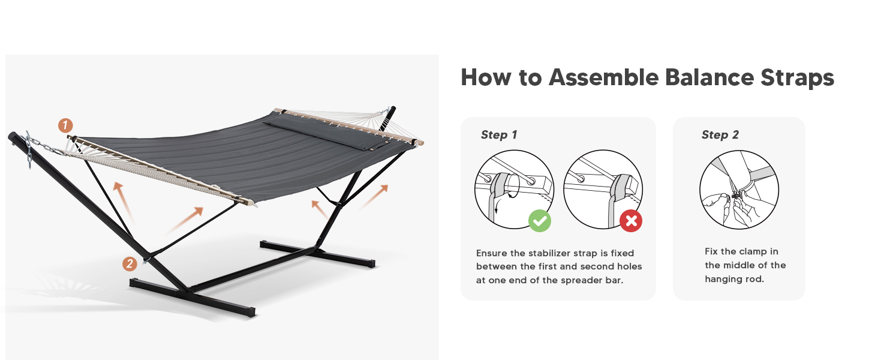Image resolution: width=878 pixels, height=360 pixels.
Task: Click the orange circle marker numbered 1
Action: point(65,125)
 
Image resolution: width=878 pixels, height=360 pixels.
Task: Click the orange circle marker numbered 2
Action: point(129,263)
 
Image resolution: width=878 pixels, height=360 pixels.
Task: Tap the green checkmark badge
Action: point(540,221)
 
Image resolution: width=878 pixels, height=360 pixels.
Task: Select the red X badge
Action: point(631,221)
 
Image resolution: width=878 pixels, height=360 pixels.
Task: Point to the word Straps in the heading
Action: point(797,78)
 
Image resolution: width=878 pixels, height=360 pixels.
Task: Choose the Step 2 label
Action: point(720,135)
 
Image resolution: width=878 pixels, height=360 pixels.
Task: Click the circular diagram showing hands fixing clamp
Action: point(739,190)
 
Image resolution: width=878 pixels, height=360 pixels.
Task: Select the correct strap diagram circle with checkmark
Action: point(513,188)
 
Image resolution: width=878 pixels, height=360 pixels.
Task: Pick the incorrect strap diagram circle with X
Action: point(603,188)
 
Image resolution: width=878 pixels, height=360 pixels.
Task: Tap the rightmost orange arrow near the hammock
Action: point(374,197)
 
